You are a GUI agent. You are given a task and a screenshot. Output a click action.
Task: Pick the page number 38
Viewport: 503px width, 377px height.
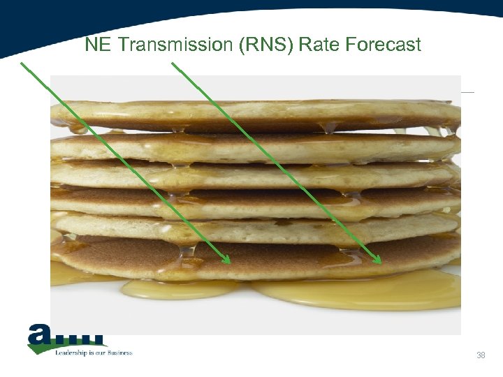coord(481,356)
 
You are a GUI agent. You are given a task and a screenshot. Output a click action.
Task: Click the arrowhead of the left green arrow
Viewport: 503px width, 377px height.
coord(226,260)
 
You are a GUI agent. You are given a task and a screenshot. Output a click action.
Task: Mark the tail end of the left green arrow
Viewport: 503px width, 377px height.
coord(22,64)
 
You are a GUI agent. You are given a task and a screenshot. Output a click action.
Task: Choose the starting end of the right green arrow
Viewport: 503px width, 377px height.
coord(173,64)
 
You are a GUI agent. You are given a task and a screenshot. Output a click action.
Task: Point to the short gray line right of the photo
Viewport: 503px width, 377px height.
coord(467,92)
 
